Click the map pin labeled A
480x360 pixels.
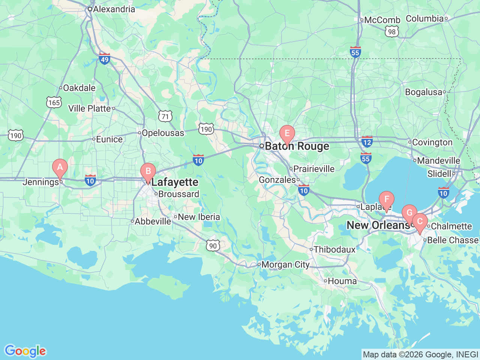tap(60, 167)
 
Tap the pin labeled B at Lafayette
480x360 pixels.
tap(148, 172)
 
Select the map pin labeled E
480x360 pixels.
tap(287, 133)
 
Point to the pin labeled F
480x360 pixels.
tap(386, 199)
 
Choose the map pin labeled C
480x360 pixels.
tap(420, 221)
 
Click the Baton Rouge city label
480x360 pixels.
tap(297, 146)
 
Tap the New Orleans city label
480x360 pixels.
tap(378, 225)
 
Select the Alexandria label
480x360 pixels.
tap(114, 9)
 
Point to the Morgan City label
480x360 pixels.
tap(285, 265)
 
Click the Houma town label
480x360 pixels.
tap(342, 281)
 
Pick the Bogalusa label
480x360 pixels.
tap(423, 92)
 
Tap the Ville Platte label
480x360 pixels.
tap(90, 108)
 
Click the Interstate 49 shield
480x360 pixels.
tap(105, 59)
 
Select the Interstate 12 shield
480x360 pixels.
tap(367, 142)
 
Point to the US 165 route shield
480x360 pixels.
tap(54, 102)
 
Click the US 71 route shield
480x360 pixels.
tap(165, 116)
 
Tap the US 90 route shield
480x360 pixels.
tap(213, 246)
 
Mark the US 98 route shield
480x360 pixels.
tap(392, 32)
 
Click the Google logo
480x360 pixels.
tap(25, 351)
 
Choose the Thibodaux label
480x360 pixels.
tap(334, 249)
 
